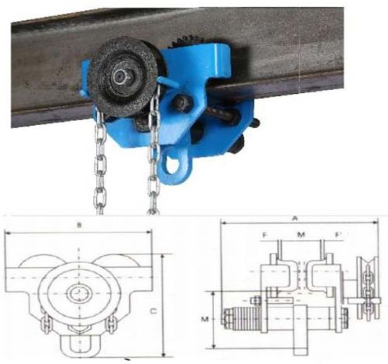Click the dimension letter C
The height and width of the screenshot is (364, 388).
tap(154, 310)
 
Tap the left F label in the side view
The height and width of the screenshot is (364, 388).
tap(264, 234)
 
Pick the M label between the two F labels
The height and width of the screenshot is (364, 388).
tap(300, 234)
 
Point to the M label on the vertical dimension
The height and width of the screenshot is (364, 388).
tap(205, 317)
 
